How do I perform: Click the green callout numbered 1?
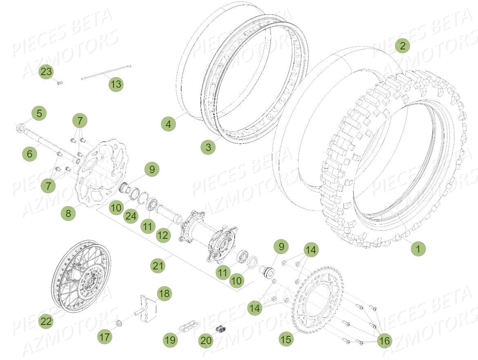[x=418, y=248]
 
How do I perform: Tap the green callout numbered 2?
[x=402, y=46]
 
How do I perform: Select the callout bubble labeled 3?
[x=209, y=147]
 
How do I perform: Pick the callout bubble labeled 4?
[x=168, y=123]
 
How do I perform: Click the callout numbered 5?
[x=39, y=113]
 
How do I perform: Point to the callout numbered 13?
[x=116, y=84]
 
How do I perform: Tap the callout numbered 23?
[x=47, y=72]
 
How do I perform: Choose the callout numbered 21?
[x=158, y=266]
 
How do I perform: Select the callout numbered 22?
[x=47, y=321]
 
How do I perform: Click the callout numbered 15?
[x=286, y=339]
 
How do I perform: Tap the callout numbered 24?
[x=131, y=216]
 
